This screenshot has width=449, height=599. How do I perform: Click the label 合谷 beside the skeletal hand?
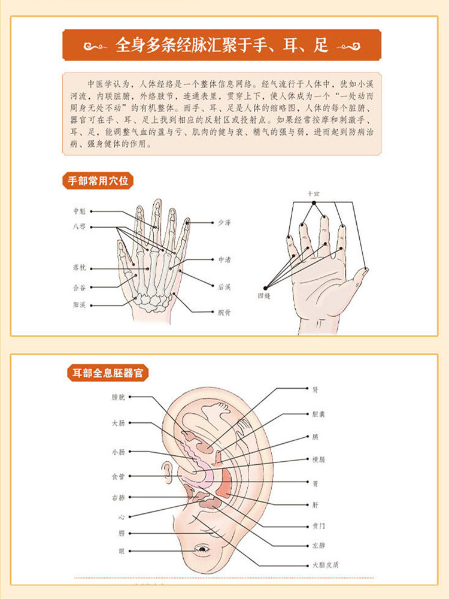point(79,288)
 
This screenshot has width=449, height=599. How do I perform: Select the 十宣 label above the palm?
point(314,194)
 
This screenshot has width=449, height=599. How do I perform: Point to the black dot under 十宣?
point(314,203)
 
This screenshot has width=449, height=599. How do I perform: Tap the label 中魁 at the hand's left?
point(79,211)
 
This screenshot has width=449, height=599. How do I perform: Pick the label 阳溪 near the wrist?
point(79,305)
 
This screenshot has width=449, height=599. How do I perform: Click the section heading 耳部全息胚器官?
point(105,373)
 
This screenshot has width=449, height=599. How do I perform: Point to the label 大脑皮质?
point(326,564)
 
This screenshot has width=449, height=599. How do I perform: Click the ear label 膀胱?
point(119,397)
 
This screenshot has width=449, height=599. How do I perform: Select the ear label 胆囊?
point(318,414)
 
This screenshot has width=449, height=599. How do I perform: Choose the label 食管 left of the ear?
point(119,477)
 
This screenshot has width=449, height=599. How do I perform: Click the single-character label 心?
point(122,516)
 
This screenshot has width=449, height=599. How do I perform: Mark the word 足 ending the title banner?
point(321,46)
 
